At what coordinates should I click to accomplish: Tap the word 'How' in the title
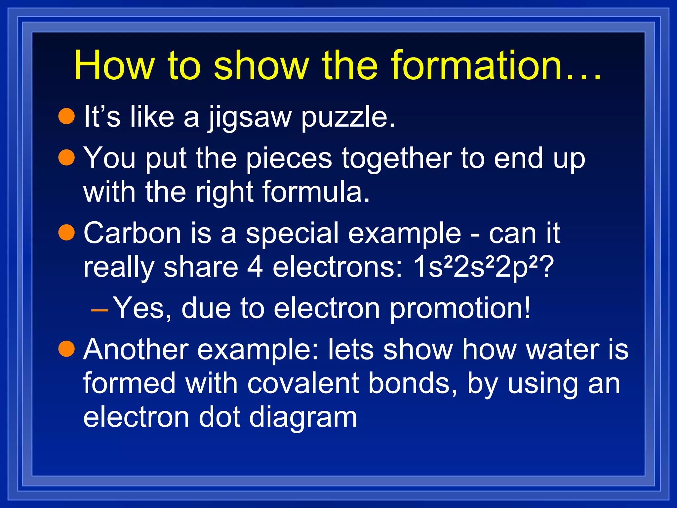(114, 65)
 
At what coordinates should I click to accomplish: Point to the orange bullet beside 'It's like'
(67, 116)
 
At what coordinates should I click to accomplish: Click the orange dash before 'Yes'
(99, 310)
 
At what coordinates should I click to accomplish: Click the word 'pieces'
(289, 159)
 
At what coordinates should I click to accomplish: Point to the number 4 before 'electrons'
(255, 267)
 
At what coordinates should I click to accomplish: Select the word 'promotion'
(459, 309)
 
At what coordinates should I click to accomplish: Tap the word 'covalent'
(303, 384)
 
